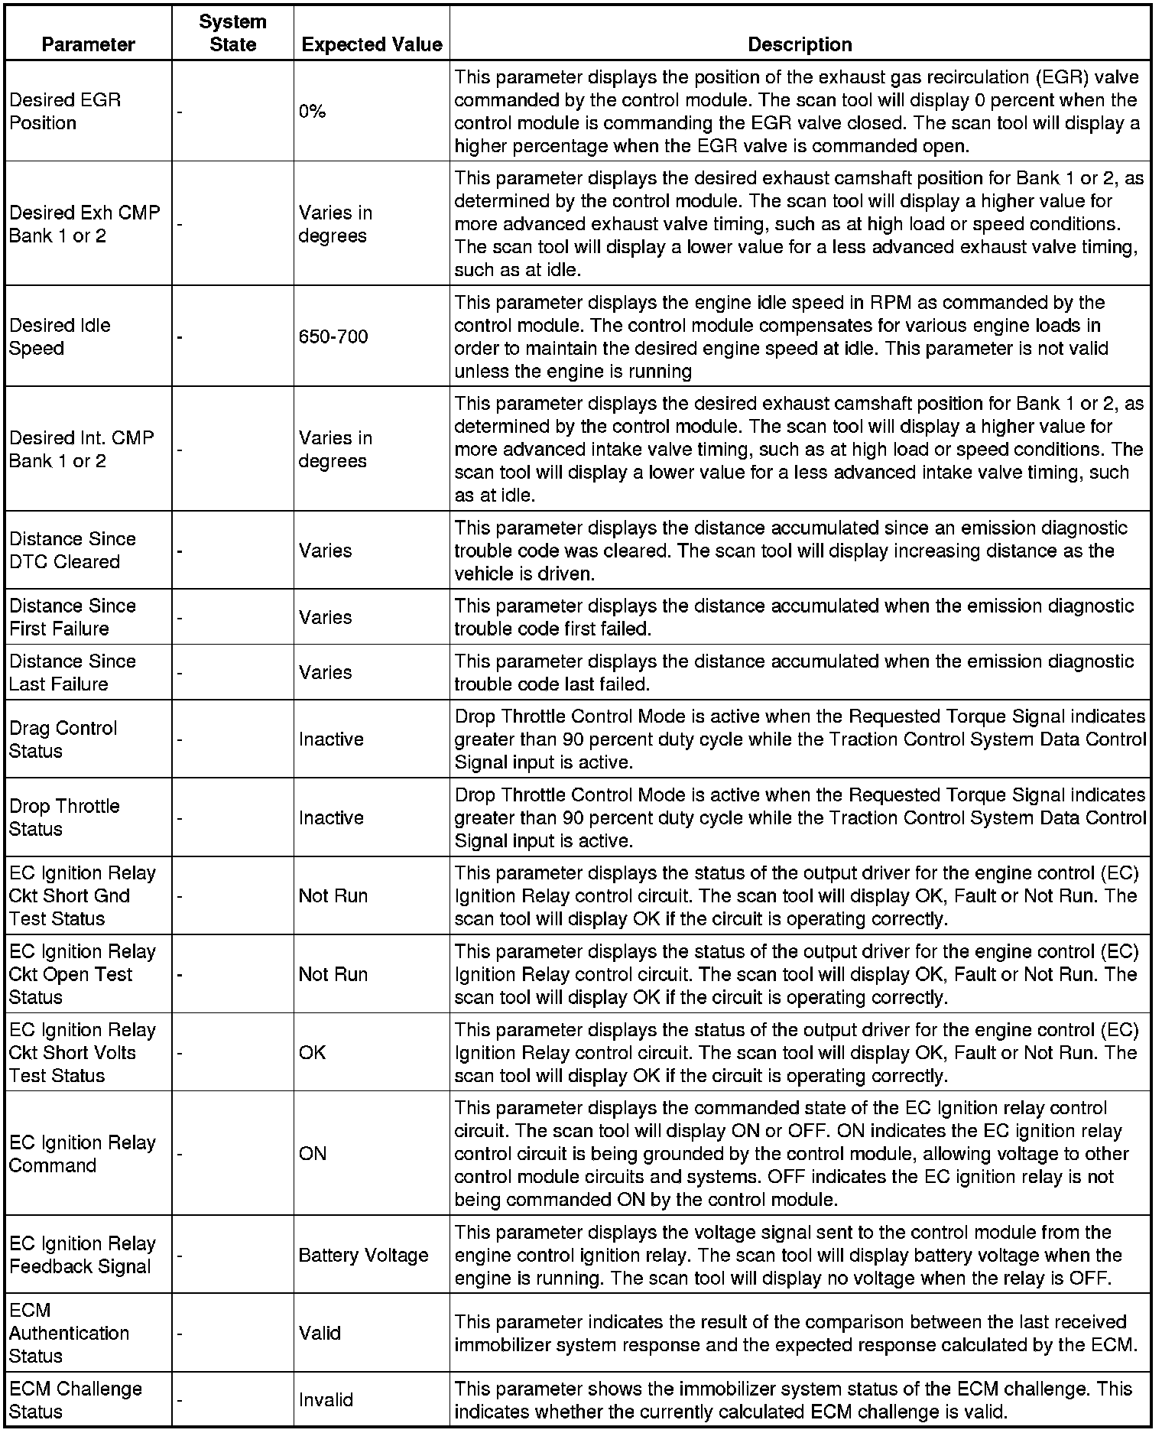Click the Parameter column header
(x=88, y=44)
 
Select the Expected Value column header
(x=372, y=44)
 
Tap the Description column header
(x=800, y=44)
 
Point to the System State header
(x=232, y=33)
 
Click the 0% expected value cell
(x=313, y=111)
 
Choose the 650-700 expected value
(x=333, y=336)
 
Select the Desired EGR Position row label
(x=65, y=112)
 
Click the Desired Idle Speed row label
(x=60, y=336)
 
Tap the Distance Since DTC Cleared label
(x=73, y=550)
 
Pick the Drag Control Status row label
(x=63, y=739)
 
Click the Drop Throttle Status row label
(x=64, y=817)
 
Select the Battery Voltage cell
(x=363, y=1255)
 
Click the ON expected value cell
(x=313, y=1153)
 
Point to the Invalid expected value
(x=326, y=1399)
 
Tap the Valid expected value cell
(x=320, y=1333)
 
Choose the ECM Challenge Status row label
(x=76, y=1399)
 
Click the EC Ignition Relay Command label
(x=83, y=1153)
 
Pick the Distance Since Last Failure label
(x=73, y=672)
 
